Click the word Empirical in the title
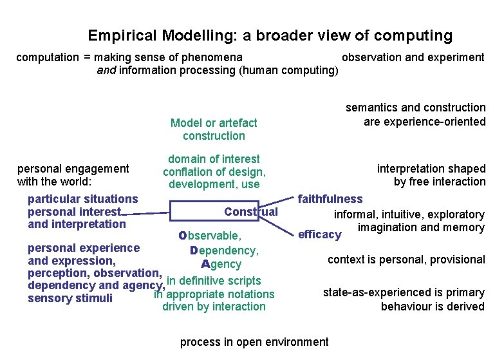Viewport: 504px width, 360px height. [x=117, y=36]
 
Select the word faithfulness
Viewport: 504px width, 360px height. [x=330, y=199]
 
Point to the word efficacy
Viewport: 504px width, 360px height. [x=319, y=234]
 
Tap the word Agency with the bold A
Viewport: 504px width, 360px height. [x=221, y=264]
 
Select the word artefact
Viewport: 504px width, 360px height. [x=238, y=122]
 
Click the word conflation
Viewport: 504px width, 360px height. [x=189, y=172]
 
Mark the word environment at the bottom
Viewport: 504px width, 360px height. [x=297, y=342]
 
